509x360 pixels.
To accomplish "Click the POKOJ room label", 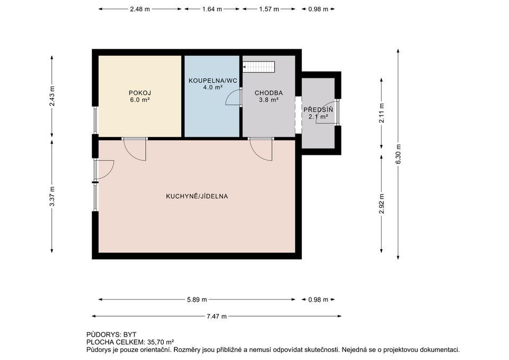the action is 140,93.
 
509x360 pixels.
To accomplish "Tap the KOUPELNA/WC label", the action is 213,80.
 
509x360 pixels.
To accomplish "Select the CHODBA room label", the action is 268,93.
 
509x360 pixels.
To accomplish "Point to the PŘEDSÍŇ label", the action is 318,110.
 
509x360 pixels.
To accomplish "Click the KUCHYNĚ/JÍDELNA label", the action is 197,196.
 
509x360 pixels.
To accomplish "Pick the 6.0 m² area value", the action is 140,100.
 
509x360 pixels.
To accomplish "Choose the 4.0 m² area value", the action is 213,87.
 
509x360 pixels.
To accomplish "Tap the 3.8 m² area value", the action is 268,100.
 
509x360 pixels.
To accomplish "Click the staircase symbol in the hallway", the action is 259,67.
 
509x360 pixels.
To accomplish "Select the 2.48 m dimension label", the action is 140,9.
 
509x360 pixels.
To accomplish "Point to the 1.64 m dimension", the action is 212,9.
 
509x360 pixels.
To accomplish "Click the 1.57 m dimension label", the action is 269,9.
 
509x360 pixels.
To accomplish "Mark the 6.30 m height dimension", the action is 398,154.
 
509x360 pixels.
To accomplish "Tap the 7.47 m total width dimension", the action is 216,316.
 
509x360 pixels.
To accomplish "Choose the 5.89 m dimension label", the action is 197,300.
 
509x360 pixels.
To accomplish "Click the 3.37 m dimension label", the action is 52,196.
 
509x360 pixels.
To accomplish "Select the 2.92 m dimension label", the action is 381,204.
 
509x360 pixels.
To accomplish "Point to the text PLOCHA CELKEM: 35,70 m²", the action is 130,342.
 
